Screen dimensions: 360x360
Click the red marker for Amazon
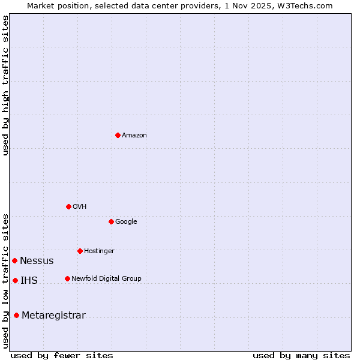click(x=118, y=135)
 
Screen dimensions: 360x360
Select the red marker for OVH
click(x=68, y=206)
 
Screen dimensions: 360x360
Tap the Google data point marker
click(x=111, y=221)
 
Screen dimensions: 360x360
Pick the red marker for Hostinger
click(x=80, y=251)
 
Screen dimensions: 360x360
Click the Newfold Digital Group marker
click(x=67, y=278)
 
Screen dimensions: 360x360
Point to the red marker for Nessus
click(x=14, y=260)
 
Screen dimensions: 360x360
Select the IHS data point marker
click(x=15, y=280)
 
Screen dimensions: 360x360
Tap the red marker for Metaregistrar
click(x=16, y=316)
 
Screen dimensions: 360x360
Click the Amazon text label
click(x=134, y=135)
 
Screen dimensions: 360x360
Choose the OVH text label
click(x=80, y=206)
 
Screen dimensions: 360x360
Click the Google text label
click(x=126, y=221)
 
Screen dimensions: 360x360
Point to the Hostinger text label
click(x=99, y=251)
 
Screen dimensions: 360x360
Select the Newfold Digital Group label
click(x=106, y=278)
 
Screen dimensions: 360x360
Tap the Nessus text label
click(x=37, y=260)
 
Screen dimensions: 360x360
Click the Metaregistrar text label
click(x=53, y=316)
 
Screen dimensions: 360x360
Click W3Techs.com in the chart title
click(x=305, y=5)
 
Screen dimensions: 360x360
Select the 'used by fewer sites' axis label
click(x=62, y=355)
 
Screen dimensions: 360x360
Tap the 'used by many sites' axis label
click(x=301, y=355)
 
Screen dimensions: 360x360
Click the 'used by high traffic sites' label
click(x=5, y=85)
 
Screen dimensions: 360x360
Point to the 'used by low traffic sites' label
click(x=5, y=280)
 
